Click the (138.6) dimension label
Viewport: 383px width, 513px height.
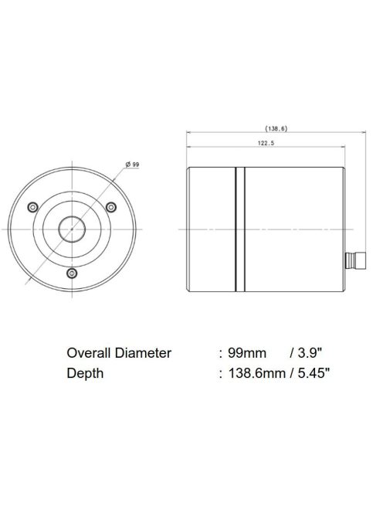coord(276,128)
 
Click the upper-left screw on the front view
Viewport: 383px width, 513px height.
coord(32,207)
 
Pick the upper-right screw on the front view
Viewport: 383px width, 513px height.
coord(110,206)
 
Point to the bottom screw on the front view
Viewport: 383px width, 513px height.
coord(71,273)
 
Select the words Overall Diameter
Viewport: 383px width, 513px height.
coord(118,353)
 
